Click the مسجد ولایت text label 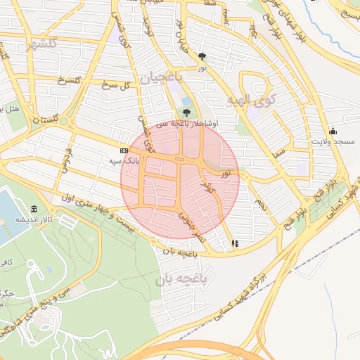tap(333, 141)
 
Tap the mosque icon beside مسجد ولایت tap(333, 131)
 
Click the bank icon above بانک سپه tap(124, 150)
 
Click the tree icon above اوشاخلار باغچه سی tap(186, 112)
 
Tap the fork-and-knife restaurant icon tap(234, 244)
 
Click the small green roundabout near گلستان tap(63, 121)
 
